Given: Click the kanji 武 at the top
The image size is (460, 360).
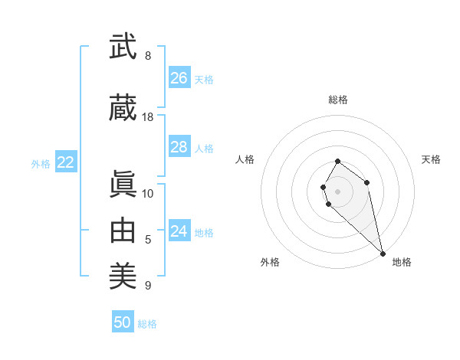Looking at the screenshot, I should [123, 47].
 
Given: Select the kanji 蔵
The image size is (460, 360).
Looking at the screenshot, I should [123, 108].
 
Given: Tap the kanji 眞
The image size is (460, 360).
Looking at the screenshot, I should [123, 185].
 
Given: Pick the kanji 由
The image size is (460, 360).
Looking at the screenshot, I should [123, 231].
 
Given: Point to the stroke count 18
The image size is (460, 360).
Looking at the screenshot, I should [148, 117].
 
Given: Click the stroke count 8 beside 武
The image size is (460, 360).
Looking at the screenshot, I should [148, 56].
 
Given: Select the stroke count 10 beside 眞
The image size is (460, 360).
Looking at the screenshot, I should [148, 194].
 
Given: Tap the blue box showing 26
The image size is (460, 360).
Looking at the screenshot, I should [179, 78].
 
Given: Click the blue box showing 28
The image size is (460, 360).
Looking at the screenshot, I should [179, 147].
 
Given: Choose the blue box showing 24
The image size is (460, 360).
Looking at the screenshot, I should [179, 231].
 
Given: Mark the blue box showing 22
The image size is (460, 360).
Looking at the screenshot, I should [66, 162].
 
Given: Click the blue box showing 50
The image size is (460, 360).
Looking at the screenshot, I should [123, 322].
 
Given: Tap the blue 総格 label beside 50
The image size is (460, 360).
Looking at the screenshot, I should [147, 324].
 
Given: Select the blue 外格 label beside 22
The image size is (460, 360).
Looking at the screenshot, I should [41, 164].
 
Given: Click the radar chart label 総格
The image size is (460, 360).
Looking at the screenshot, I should [337, 100].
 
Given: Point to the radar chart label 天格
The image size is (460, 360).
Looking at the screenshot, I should [431, 159].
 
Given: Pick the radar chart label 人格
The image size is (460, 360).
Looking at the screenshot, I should [245, 159].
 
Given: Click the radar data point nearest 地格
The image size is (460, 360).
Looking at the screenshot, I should [383, 253].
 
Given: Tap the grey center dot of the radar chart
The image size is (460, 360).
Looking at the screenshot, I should [337, 191].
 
